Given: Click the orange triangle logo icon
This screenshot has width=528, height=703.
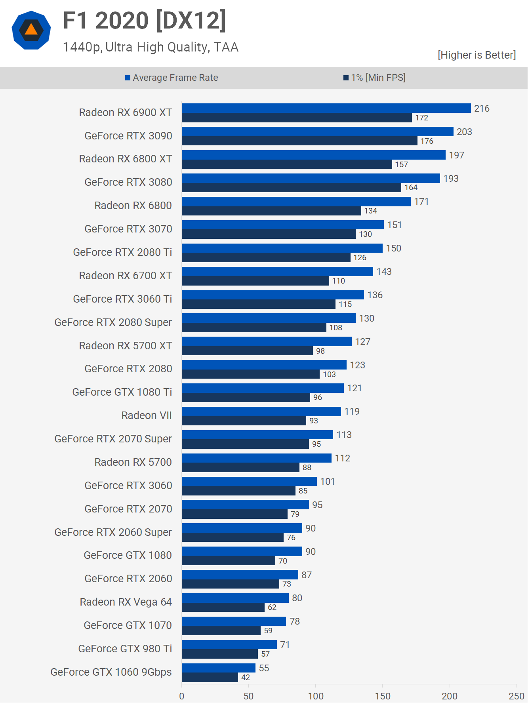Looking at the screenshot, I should click(x=31, y=30).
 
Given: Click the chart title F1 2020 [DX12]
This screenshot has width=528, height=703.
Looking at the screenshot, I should click(x=145, y=21).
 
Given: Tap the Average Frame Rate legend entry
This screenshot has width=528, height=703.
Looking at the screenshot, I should click(x=172, y=78).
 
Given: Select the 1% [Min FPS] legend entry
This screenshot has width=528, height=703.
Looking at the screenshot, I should click(x=374, y=78).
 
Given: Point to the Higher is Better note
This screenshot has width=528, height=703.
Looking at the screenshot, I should click(x=477, y=55).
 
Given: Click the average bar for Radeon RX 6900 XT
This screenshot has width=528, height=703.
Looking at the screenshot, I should click(x=326, y=108).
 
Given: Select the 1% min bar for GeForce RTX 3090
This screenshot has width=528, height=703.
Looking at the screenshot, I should click(x=299, y=141).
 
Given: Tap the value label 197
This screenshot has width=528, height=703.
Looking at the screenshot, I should click(x=456, y=155).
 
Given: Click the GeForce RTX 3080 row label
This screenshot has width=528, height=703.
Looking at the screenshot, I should click(x=128, y=182).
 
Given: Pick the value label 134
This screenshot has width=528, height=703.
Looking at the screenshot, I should click(x=370, y=211).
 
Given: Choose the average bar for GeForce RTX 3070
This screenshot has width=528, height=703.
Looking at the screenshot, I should click(x=282, y=225).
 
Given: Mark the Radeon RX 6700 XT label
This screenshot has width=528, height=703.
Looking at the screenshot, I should click(x=126, y=276).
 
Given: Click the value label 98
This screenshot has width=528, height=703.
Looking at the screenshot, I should click(x=320, y=351).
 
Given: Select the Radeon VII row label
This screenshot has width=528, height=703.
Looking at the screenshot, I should click(x=147, y=415).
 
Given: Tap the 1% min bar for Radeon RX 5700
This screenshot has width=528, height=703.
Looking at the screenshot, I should click(x=240, y=468).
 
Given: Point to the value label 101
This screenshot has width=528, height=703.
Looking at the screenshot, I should click(x=327, y=482).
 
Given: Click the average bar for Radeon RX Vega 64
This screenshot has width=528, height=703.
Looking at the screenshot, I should click(x=235, y=598).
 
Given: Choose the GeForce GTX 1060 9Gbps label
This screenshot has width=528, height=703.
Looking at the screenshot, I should click(x=111, y=672).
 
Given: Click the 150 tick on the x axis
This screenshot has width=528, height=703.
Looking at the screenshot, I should click(x=383, y=696).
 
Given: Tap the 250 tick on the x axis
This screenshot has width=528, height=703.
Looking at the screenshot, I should click(x=517, y=696).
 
